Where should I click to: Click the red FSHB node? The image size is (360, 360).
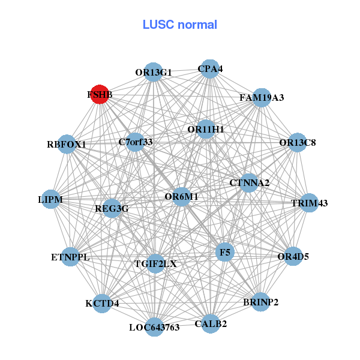100,94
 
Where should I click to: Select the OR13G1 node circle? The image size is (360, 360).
154,72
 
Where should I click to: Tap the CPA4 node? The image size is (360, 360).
209,68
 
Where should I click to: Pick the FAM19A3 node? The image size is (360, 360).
261,97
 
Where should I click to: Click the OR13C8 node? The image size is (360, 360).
298,143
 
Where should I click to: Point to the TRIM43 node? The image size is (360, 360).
309,203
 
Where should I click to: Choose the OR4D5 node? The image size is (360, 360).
293,256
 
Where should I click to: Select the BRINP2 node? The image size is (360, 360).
260,302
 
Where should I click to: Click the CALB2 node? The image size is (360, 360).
210,324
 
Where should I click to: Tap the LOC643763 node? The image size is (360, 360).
154,327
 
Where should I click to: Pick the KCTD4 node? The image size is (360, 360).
103,303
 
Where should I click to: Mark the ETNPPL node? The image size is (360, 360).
70,257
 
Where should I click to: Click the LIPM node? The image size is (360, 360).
50,199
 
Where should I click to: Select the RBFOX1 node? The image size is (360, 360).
67,144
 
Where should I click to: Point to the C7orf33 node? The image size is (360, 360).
136,142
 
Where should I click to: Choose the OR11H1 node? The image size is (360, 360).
206,129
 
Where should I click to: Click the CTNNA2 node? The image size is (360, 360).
249,182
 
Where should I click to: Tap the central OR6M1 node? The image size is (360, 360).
181,196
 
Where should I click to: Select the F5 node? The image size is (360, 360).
224,253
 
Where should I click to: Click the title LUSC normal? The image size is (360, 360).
180,25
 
